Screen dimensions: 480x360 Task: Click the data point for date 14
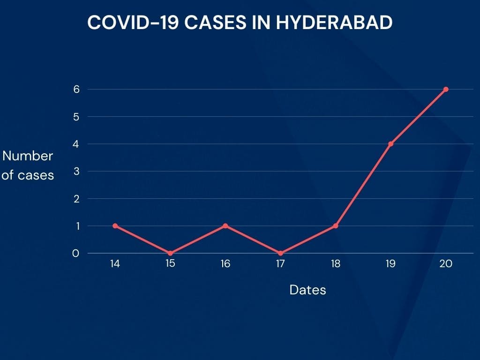coord(115,226)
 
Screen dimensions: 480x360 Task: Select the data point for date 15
coord(170,253)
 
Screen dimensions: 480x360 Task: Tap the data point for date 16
coord(225,226)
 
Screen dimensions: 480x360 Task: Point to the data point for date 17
coord(280,253)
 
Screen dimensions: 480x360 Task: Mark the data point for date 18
coord(336,226)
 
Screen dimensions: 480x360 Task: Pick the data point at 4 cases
coord(390,144)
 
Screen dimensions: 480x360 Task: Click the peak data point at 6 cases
coord(446,90)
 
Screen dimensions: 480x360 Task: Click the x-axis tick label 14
coord(115,264)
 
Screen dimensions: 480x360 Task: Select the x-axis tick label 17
coord(280,264)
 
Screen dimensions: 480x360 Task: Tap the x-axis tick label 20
coord(446,264)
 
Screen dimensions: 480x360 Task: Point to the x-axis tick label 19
coord(390,264)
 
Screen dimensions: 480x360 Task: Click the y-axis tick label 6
coord(76,90)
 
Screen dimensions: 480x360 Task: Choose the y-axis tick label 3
coord(76,172)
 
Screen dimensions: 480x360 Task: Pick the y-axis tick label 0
coord(75,254)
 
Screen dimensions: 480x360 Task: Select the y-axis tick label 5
coord(76,117)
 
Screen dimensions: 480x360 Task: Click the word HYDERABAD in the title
coord(334,22)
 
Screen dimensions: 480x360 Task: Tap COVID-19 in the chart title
coord(133,22)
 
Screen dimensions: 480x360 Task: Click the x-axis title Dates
coord(307,290)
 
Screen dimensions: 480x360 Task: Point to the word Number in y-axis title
coord(28,156)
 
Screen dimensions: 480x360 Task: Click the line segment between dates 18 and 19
coord(363,185)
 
